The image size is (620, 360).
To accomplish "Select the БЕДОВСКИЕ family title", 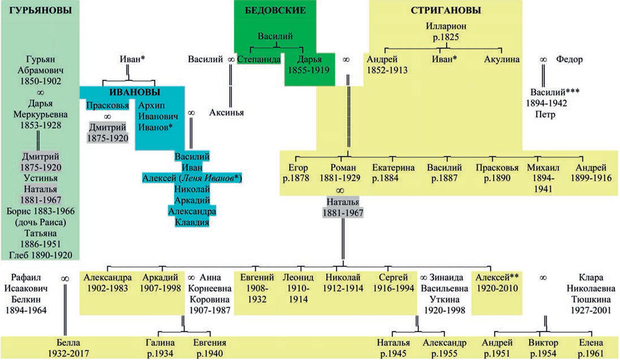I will pyautogui.click(x=275, y=11).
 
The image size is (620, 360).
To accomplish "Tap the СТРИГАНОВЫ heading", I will pyautogui.click(x=446, y=11).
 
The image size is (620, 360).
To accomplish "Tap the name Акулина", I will pyautogui.click(x=502, y=60).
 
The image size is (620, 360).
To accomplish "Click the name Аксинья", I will pyautogui.click(x=227, y=112).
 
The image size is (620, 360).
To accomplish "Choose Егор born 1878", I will pyautogui.click(x=298, y=173).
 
